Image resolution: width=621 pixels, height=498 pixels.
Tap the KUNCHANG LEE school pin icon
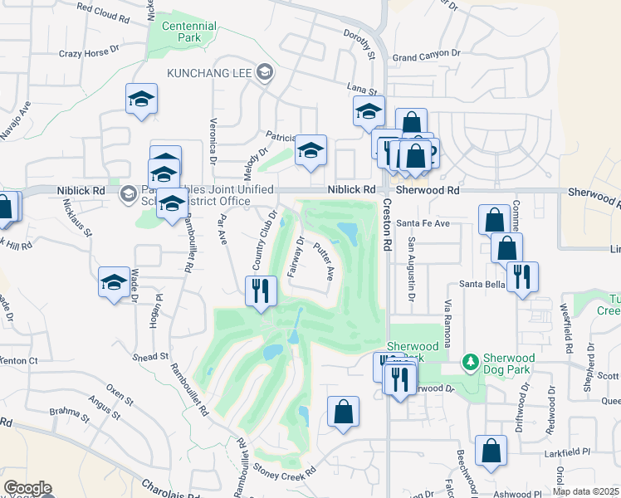[265, 73]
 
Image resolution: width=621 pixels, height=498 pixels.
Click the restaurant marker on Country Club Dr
[261, 290]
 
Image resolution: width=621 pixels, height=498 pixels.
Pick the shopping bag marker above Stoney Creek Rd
[343, 412]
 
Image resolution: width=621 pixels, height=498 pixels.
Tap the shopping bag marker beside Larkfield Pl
[491, 451]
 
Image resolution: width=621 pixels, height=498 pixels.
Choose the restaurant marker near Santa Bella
[522, 277]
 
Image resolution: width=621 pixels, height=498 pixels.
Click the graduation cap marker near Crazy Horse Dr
[142, 100]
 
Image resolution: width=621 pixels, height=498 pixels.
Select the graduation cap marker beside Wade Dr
[114, 281]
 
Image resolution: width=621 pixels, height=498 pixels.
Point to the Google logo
[27, 488]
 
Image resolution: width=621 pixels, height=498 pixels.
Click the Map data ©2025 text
[585, 491]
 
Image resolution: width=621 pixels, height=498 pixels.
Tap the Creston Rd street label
[387, 228]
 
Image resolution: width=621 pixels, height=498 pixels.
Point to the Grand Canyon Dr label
[426, 56]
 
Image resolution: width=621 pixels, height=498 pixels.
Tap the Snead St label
[150, 356]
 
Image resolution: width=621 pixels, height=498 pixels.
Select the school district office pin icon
[128, 194]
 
